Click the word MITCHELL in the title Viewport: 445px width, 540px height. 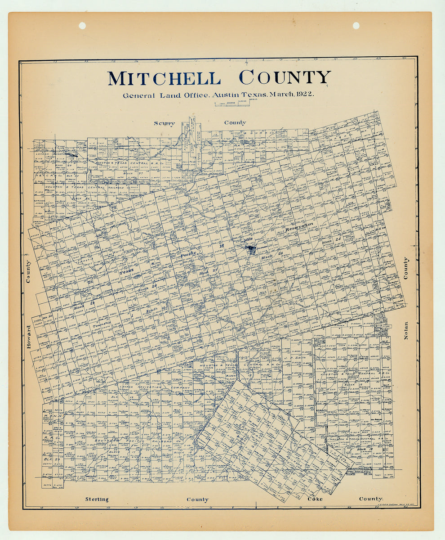[x=164, y=78]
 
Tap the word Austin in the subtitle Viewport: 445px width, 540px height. [x=227, y=94]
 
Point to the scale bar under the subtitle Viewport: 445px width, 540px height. [x=232, y=104]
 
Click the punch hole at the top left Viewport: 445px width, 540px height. [x=82, y=26]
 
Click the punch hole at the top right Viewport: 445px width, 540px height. [x=356, y=26]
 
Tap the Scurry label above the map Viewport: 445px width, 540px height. [x=164, y=123]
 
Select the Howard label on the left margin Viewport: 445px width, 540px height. [x=29, y=336]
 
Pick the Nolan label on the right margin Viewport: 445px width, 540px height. [x=406, y=330]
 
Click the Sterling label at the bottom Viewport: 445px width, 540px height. [x=97, y=499]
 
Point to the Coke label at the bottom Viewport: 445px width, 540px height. [x=315, y=499]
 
